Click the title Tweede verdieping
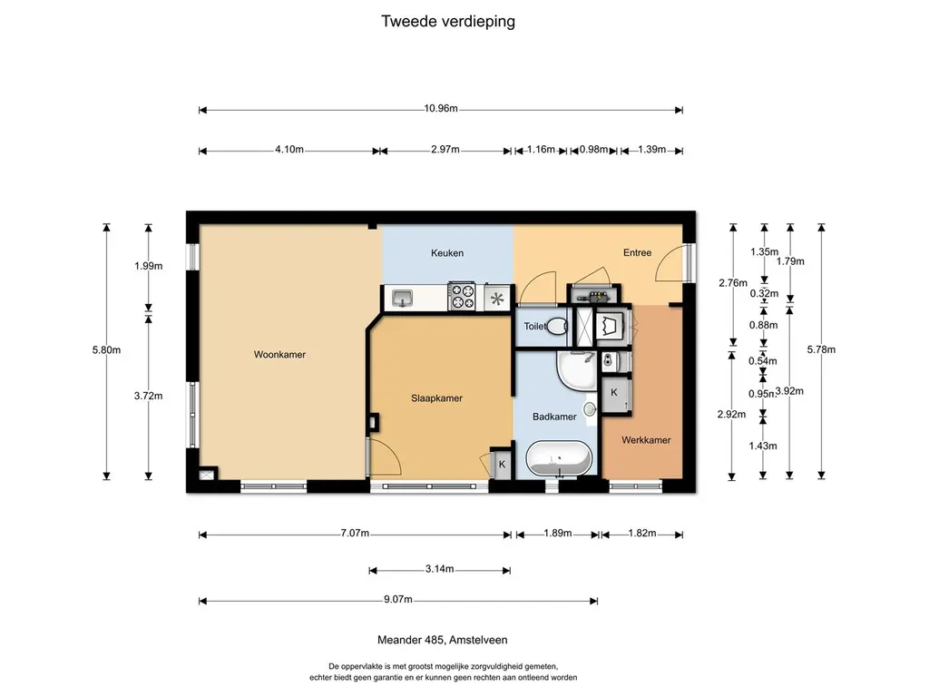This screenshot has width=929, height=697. [x=447, y=21]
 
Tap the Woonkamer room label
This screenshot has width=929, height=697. [x=279, y=355]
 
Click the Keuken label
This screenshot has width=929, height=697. [x=447, y=253]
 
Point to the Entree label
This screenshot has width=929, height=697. [x=637, y=252]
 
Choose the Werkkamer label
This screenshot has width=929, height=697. [x=646, y=440]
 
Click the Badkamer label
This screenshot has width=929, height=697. [x=554, y=417]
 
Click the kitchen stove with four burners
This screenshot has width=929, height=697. [x=463, y=297]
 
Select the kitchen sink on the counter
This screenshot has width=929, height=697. [x=402, y=297]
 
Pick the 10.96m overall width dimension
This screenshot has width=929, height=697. [x=440, y=109]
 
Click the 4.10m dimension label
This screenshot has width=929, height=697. [x=288, y=151]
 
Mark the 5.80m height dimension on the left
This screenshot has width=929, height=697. [x=107, y=349]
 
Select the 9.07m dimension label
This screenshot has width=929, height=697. [x=398, y=600]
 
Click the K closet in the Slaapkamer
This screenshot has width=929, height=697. [x=501, y=464]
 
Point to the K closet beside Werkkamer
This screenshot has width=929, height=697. [x=614, y=392]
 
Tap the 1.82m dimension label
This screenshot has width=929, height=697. [x=641, y=534]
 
